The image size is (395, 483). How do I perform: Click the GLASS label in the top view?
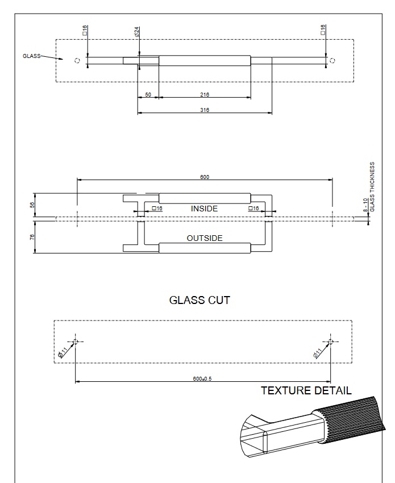[x=31, y=56]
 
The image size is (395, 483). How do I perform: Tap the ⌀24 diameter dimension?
[x=138, y=32]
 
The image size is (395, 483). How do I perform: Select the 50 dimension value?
[x=148, y=95]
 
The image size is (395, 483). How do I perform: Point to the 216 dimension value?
[x=205, y=95]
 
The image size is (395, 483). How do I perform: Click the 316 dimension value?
[x=205, y=110]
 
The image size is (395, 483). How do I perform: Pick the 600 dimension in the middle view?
[x=205, y=177]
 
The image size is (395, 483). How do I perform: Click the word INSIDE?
[x=204, y=209]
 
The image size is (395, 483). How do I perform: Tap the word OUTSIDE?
[x=205, y=238]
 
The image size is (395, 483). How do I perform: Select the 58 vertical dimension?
[x=32, y=205]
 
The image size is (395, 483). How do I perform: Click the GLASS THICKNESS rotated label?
[x=372, y=187]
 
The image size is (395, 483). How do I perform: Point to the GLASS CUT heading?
[x=199, y=300]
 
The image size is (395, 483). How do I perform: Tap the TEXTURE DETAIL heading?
[x=306, y=391]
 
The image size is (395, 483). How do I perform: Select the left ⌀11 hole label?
[x=63, y=352]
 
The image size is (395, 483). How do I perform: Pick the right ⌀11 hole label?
[x=318, y=352]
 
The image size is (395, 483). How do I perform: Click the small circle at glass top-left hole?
[x=77, y=60]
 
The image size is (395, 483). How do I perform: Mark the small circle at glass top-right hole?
[x=333, y=60]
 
